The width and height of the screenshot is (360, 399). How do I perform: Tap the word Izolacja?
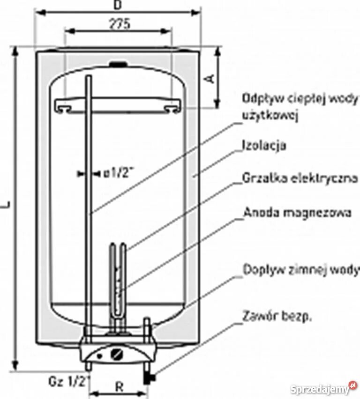[x=264, y=145]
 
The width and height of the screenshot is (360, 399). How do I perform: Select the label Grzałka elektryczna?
[x=300, y=178]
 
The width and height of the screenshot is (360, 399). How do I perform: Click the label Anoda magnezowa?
[x=297, y=213]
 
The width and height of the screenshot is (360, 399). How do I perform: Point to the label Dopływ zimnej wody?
[x=300, y=270]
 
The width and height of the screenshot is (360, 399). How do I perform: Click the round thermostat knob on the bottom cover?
[x=117, y=354]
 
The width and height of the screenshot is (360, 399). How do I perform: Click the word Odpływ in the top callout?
[x=258, y=99]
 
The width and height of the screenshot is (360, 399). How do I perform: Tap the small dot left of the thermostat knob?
[x=99, y=356]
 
